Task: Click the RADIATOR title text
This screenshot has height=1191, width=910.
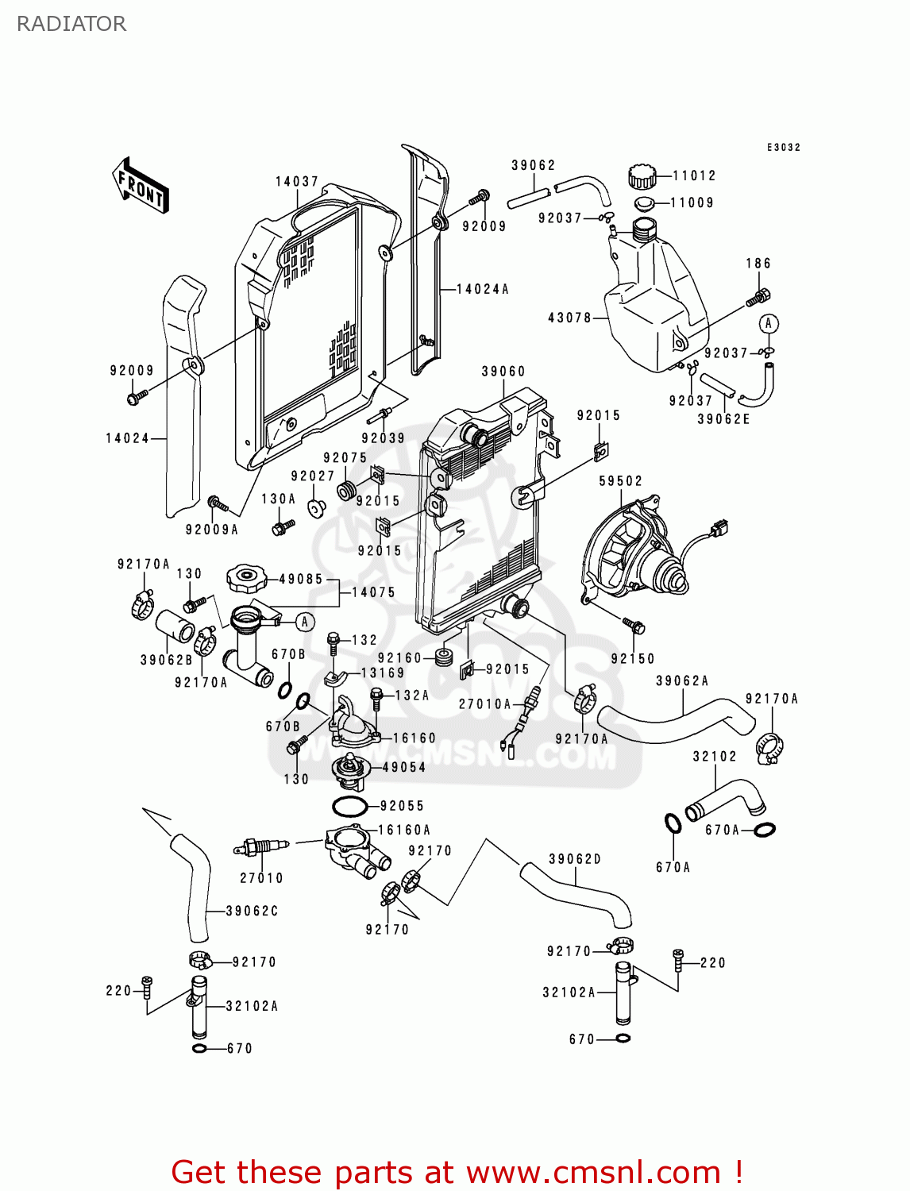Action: point(71,24)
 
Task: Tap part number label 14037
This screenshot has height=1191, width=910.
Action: point(297,182)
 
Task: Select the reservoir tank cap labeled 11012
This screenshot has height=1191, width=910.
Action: point(642,176)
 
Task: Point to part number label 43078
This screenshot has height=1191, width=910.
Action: point(569,318)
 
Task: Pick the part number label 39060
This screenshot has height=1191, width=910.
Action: point(503,372)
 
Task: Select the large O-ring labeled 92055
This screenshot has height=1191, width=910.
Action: point(349,807)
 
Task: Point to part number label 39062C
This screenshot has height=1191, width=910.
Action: point(252,911)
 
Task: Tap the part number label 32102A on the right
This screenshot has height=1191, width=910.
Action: point(569,992)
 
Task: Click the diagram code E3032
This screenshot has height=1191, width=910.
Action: point(783,148)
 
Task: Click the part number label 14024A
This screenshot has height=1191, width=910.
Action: point(482,290)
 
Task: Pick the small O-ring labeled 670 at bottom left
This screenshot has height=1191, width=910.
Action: point(199,1049)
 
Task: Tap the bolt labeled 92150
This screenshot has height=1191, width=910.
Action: point(634,626)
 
